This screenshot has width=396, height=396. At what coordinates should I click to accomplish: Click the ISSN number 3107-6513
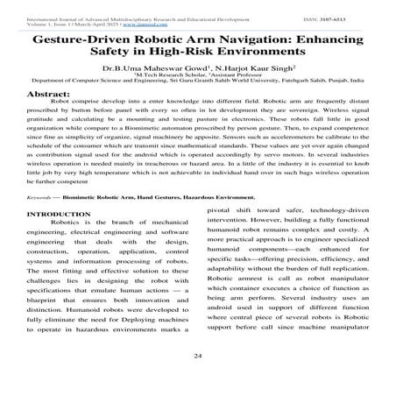361,7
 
